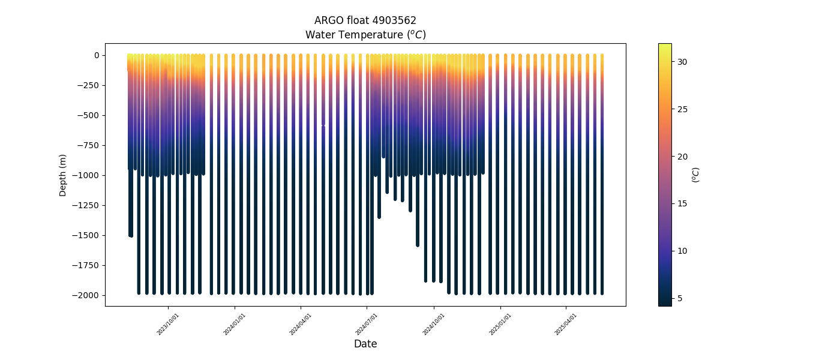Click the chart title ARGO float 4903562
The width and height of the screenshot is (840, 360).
coord(365,20)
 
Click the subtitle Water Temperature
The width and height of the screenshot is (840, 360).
coord(365,35)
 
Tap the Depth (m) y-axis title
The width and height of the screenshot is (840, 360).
coord(63,175)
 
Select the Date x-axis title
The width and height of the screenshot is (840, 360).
coord(365,344)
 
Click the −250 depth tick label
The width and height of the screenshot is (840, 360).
coord(89,85)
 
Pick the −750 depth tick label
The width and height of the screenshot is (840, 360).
coord(89,145)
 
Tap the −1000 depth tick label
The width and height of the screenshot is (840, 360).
coord(87,175)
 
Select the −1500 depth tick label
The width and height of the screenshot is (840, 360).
coord(87,235)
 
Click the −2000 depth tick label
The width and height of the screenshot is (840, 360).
coord(87,295)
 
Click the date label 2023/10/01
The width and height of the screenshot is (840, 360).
coord(168,324)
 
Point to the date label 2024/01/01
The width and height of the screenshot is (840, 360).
coord(235,324)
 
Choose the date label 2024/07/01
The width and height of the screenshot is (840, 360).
coord(367,324)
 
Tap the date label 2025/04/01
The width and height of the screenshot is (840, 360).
coord(566,324)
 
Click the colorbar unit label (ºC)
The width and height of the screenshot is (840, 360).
coord(696,175)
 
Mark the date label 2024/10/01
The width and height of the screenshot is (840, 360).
coord(434,324)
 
